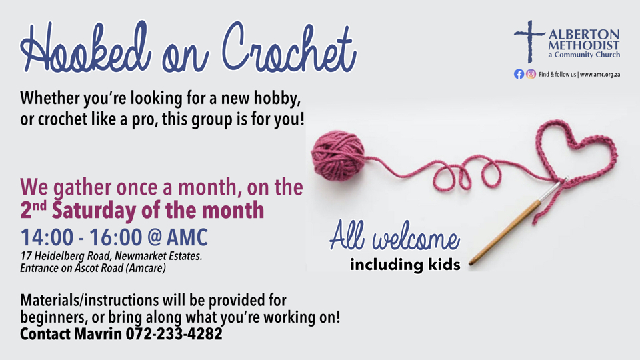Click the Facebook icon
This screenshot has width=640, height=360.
coord(519,74)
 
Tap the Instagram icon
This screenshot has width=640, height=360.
coord(531,74)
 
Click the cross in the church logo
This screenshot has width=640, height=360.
coord(529,41)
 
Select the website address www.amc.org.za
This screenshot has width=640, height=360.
coord(600,74)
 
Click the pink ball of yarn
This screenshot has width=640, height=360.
coord(338,155)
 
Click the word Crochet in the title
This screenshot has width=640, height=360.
coord(289,48)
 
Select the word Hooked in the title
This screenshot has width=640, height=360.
coord(86,48)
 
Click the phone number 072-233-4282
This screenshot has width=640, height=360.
coord(174,334)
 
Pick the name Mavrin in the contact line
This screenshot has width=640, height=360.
coord(98,334)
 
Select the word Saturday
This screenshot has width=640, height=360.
coord(94,211)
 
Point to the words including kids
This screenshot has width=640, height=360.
coord(405,265)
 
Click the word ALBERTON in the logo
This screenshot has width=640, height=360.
coord(584,34)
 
